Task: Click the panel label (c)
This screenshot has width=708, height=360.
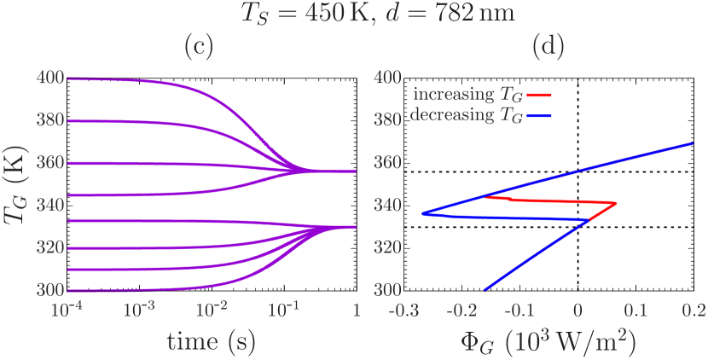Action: pos(199,49)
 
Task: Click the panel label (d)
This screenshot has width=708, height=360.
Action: pos(547,49)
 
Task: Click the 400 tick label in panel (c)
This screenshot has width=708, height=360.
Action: pos(50,78)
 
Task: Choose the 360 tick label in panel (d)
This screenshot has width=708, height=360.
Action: pos(387,162)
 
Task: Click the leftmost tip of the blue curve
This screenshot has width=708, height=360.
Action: pos(421,213)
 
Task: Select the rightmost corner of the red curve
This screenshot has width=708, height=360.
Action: pos(616,203)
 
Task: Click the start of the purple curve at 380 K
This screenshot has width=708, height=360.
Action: pos(68,120)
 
